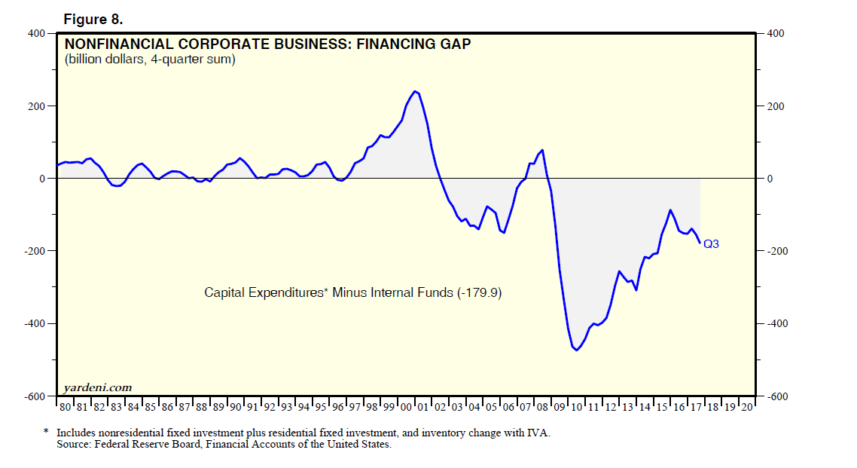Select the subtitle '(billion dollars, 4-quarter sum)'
tap(150, 60)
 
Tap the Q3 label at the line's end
tap(711, 243)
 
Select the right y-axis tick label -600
tap(776, 396)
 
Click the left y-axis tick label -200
tap(35, 251)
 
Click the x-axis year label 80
tap(65, 407)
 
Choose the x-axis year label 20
tap(746, 407)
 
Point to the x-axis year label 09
tap(559, 407)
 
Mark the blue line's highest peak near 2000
tap(416, 91)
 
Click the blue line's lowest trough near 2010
tap(577, 350)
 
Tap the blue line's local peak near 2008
tap(542, 150)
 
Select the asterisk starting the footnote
tap(46, 433)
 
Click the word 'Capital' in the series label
tap(224, 292)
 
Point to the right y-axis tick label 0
tap(770, 179)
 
